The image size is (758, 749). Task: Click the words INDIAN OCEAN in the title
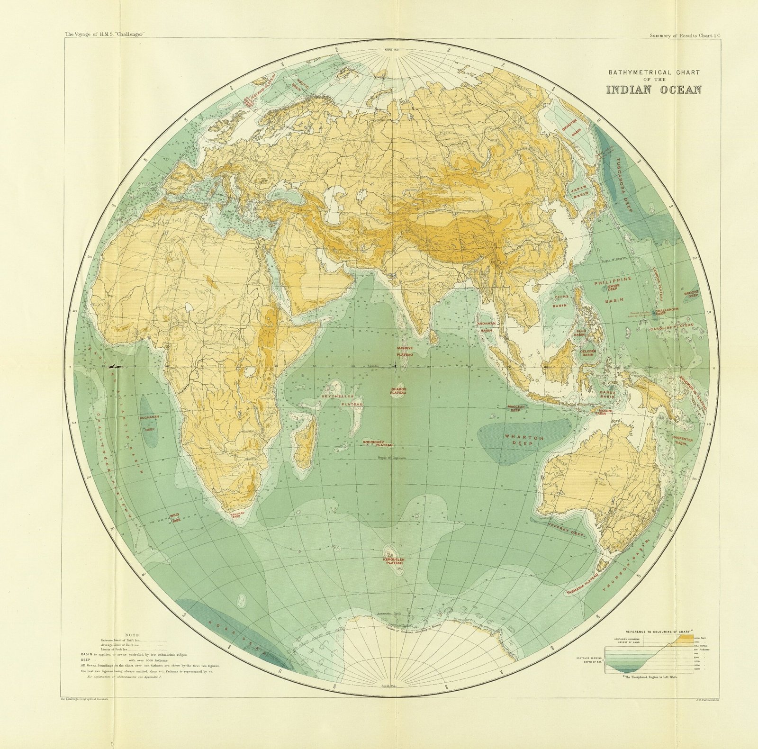654,90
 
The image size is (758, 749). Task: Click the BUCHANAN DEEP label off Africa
149,423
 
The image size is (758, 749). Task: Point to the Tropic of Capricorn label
392,458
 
